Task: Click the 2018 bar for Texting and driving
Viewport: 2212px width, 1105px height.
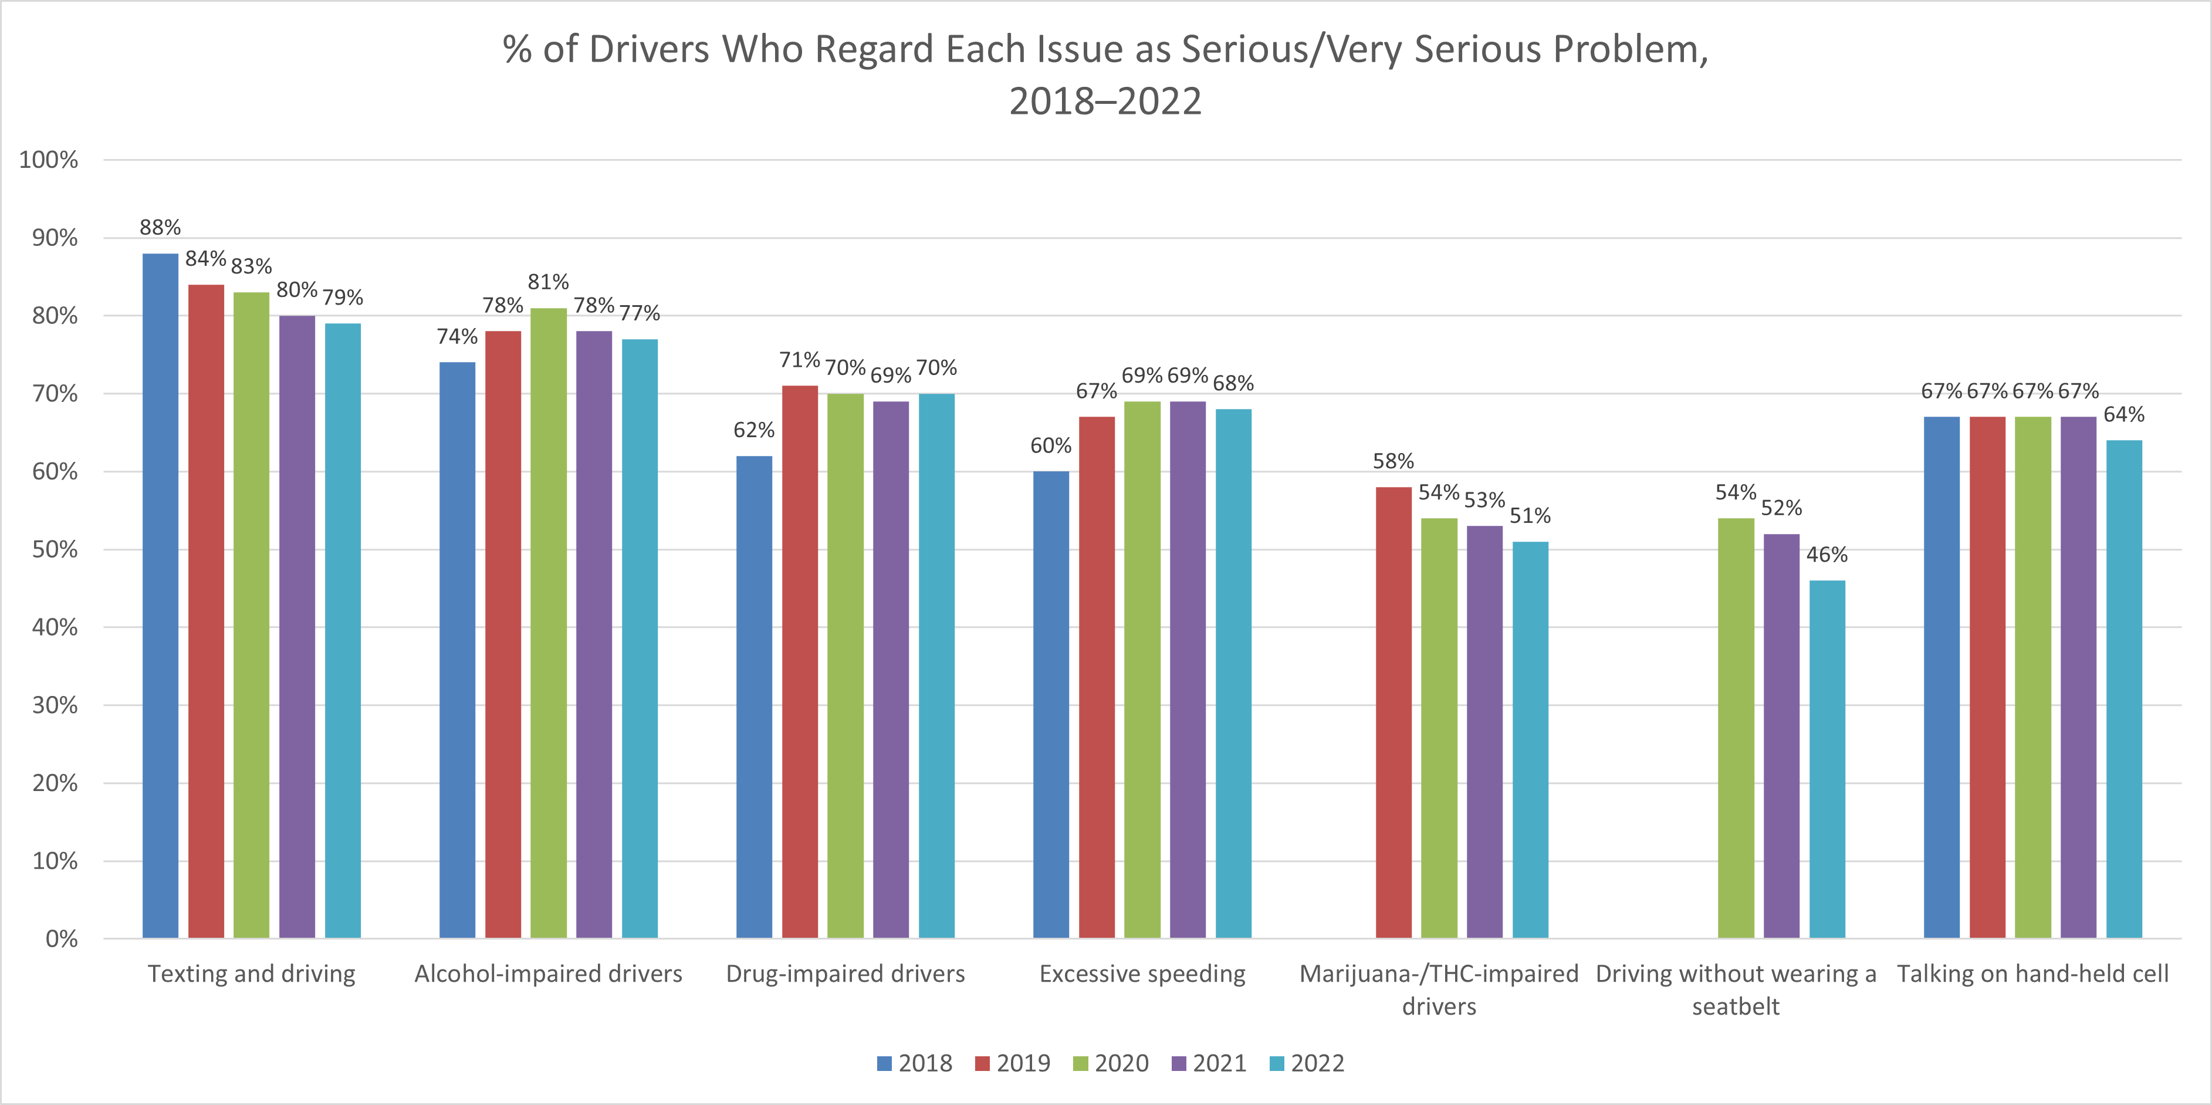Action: pos(161,595)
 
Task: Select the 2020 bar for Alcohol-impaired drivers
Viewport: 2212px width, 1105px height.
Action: pos(549,623)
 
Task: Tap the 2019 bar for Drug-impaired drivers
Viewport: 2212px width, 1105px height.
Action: pos(800,661)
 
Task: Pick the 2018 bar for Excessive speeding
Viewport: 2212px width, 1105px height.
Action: pos(1051,704)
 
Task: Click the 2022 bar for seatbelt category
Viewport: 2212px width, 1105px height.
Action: pos(1827,759)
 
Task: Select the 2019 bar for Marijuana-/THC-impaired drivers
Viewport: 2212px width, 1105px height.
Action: pos(1394,712)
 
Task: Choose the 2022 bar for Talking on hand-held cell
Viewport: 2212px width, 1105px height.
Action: pos(2125,688)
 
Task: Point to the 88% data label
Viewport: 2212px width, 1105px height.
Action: pos(161,228)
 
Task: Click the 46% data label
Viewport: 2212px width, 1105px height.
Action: pos(1827,555)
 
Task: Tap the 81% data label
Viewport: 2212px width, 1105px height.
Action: pos(549,282)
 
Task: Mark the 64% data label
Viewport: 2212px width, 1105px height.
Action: pos(2125,415)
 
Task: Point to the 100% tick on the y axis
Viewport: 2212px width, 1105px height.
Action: pos(49,160)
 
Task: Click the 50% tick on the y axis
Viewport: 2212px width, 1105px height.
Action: pos(55,549)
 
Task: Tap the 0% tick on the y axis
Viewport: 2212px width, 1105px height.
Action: pos(62,938)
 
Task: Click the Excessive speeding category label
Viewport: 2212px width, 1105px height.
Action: pos(1142,974)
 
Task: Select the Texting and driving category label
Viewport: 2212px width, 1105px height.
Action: pos(252,974)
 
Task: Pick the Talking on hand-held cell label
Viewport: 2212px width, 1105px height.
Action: pos(2032,974)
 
